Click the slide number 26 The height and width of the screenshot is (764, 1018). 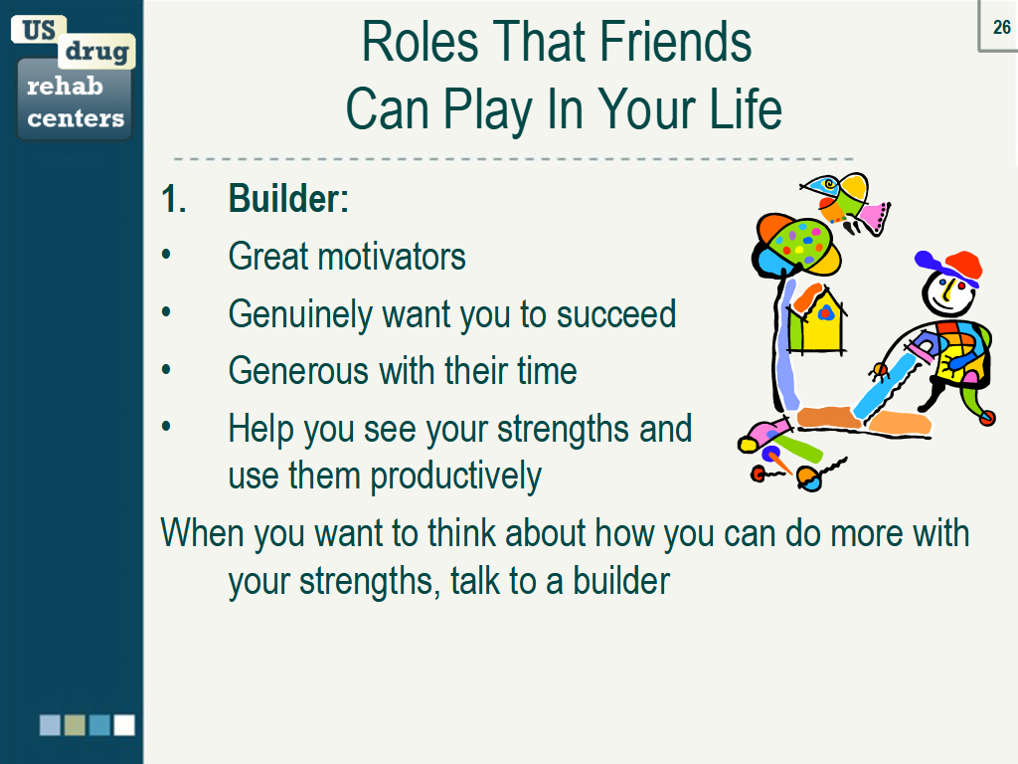(x=1001, y=28)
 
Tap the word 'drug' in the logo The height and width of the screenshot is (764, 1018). (x=96, y=51)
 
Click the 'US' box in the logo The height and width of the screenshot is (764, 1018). (x=39, y=30)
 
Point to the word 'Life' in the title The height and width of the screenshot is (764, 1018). (x=738, y=109)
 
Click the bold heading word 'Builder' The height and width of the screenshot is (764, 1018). (x=284, y=199)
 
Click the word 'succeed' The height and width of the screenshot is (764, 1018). (x=616, y=314)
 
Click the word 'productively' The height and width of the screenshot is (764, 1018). (x=456, y=477)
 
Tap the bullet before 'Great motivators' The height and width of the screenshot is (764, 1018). (x=167, y=256)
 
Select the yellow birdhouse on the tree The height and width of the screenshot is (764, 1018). (x=816, y=319)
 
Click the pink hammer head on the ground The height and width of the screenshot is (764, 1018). (x=762, y=434)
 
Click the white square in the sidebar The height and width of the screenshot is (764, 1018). (x=124, y=725)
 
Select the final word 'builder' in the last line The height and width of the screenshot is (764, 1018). (x=621, y=581)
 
